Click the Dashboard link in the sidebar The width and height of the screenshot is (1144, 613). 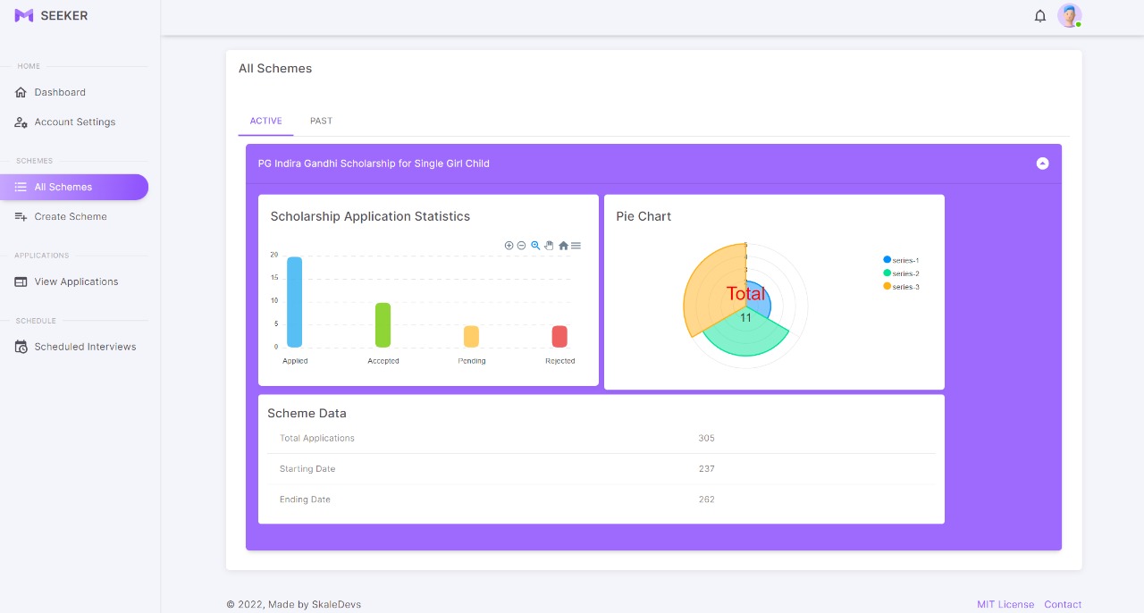pos(60,92)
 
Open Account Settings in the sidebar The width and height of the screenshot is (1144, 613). pos(74,122)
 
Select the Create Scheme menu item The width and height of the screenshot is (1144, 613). pos(70,216)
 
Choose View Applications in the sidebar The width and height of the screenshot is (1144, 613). pos(76,281)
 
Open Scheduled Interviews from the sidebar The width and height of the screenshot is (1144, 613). pos(85,347)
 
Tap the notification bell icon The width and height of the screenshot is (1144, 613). pos(1040,16)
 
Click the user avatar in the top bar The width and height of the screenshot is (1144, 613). pos(1069,15)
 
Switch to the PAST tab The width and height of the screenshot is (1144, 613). pos(321,121)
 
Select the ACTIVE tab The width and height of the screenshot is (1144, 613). pos(265,121)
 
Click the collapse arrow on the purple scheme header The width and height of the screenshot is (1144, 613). pos(1042,164)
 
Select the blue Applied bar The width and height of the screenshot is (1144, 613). pos(294,301)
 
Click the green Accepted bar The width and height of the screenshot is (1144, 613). pos(383,324)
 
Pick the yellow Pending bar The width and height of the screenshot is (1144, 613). pos(471,336)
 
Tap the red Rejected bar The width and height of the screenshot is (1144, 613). pos(559,336)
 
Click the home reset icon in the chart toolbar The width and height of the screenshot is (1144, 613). pos(563,246)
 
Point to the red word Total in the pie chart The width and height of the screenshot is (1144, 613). pos(745,294)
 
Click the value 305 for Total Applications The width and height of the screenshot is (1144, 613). pos(706,438)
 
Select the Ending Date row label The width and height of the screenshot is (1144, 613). pos(305,500)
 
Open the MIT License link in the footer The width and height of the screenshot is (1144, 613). pos(1005,605)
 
